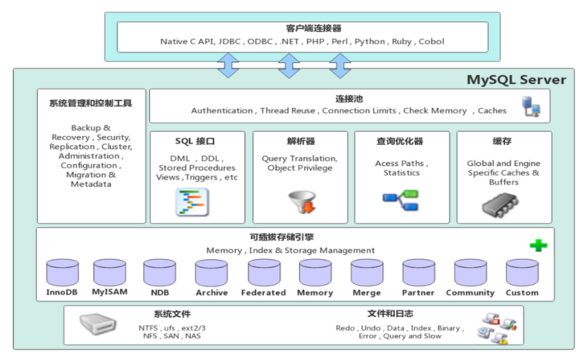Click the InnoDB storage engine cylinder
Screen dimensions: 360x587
tap(62, 272)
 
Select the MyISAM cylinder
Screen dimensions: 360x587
tap(109, 272)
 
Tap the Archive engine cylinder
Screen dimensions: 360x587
tap(211, 272)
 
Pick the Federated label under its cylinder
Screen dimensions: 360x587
tap(264, 292)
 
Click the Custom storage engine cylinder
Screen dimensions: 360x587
tap(522, 272)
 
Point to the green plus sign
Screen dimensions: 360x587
tap(539, 246)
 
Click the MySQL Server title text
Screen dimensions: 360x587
tap(516, 80)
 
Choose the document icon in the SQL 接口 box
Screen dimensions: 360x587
tap(192, 202)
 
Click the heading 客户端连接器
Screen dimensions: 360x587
tap(302, 29)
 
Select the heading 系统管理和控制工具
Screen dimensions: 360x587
tap(92, 102)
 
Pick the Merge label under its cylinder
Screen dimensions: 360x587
tap(367, 292)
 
